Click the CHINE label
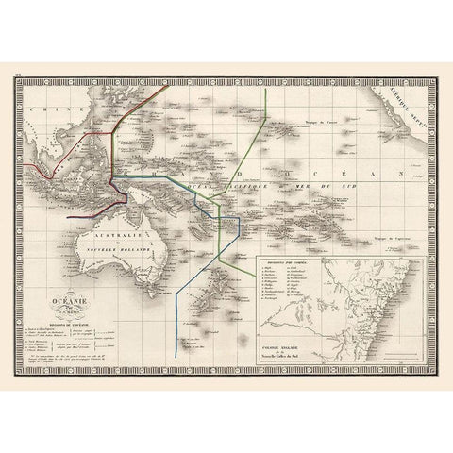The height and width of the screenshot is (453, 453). tap(43, 109)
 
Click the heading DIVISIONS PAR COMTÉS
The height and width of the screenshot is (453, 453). tap(287, 264)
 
